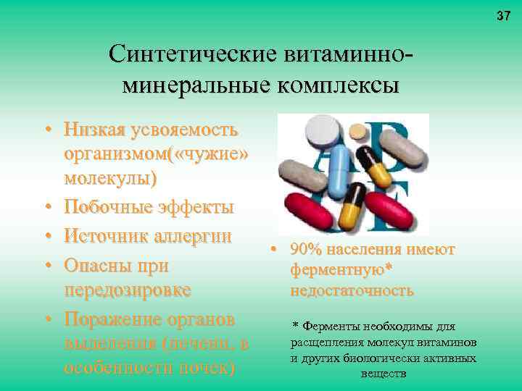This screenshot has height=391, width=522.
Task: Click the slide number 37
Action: click(504, 16)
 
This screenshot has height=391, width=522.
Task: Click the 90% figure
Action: click(304, 250)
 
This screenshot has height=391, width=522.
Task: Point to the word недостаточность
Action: click(352, 291)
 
